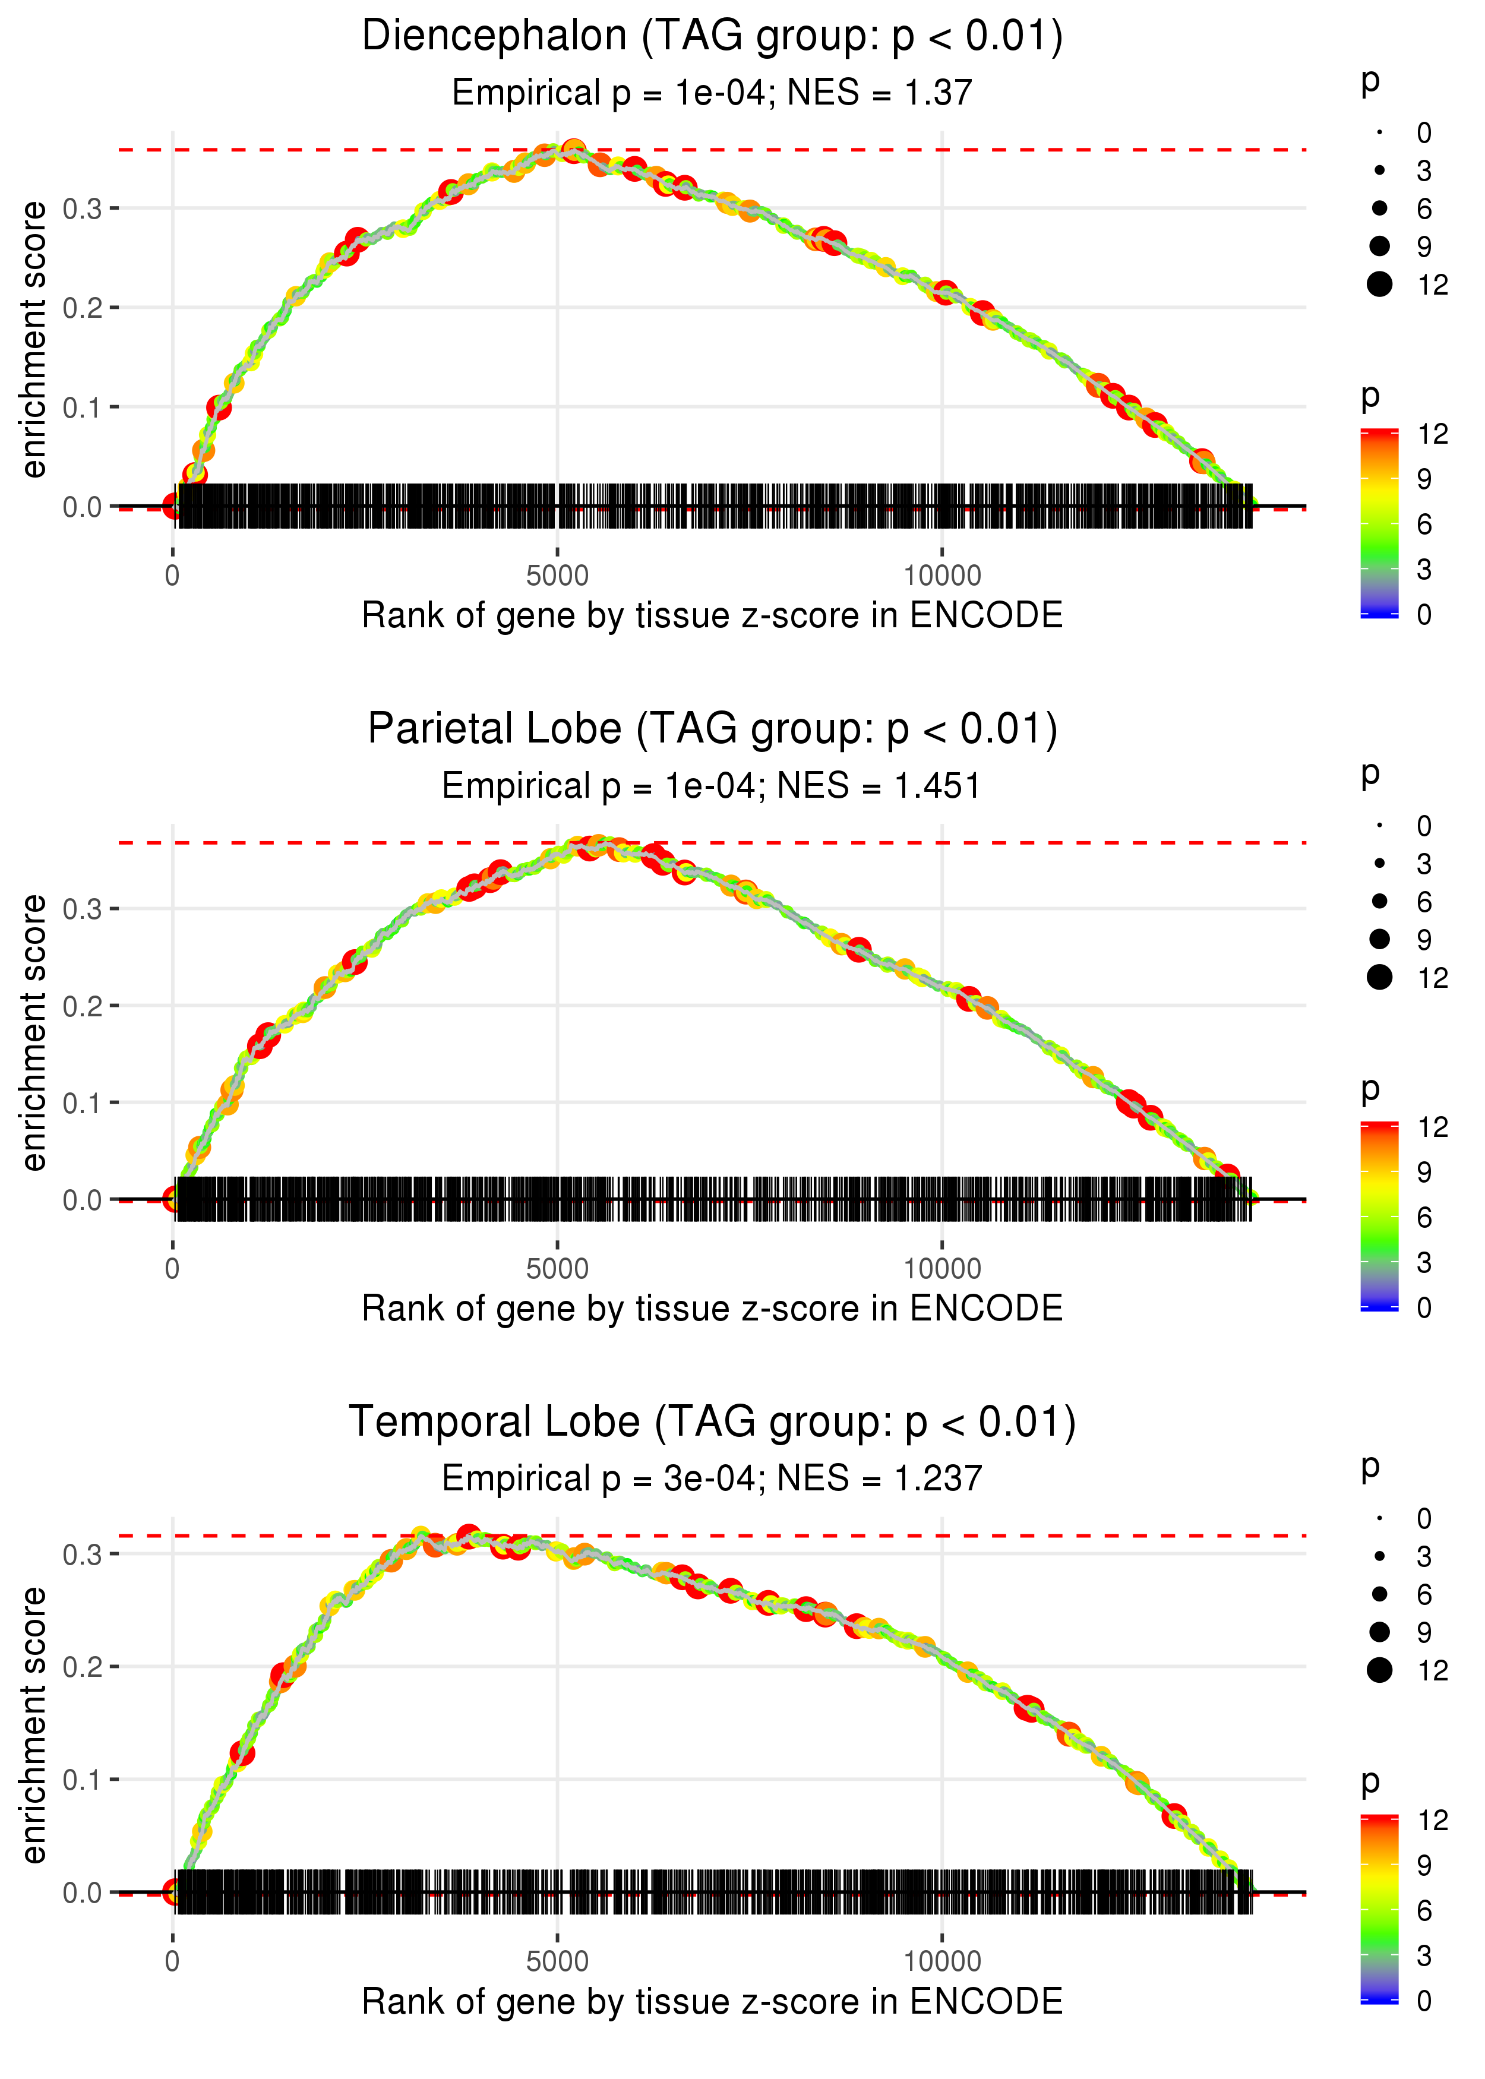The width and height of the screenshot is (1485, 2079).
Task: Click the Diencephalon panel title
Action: point(712,37)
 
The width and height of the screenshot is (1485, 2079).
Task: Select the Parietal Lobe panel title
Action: point(712,729)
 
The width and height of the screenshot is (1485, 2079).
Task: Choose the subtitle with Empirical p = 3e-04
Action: point(712,1478)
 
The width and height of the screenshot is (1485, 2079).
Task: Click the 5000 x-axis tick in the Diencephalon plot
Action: point(557,576)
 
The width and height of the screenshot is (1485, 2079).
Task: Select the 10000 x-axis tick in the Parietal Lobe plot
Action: point(942,1269)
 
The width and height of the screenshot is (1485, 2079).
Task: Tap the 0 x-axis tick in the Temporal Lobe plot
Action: point(172,1962)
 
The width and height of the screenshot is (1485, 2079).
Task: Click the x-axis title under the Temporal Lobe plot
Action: point(712,2002)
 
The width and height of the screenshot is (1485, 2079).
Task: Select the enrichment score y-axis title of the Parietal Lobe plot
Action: point(34,1032)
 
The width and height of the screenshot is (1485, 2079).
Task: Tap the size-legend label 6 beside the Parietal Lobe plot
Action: point(1424,902)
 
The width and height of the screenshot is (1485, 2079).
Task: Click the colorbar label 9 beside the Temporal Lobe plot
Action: point(1424,1865)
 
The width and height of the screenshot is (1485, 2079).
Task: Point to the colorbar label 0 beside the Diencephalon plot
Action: point(1424,614)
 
